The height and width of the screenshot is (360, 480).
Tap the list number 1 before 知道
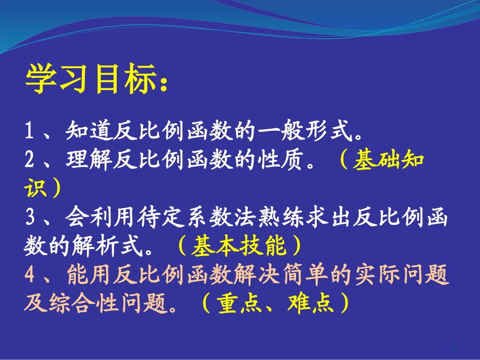point(30,133)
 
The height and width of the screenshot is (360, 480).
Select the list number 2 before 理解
point(30,161)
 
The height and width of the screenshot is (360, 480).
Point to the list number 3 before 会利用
point(30,218)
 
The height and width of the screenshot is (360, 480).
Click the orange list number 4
point(30,275)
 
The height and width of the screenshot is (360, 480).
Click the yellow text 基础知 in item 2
point(389,161)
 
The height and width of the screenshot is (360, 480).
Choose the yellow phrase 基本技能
point(239,246)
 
